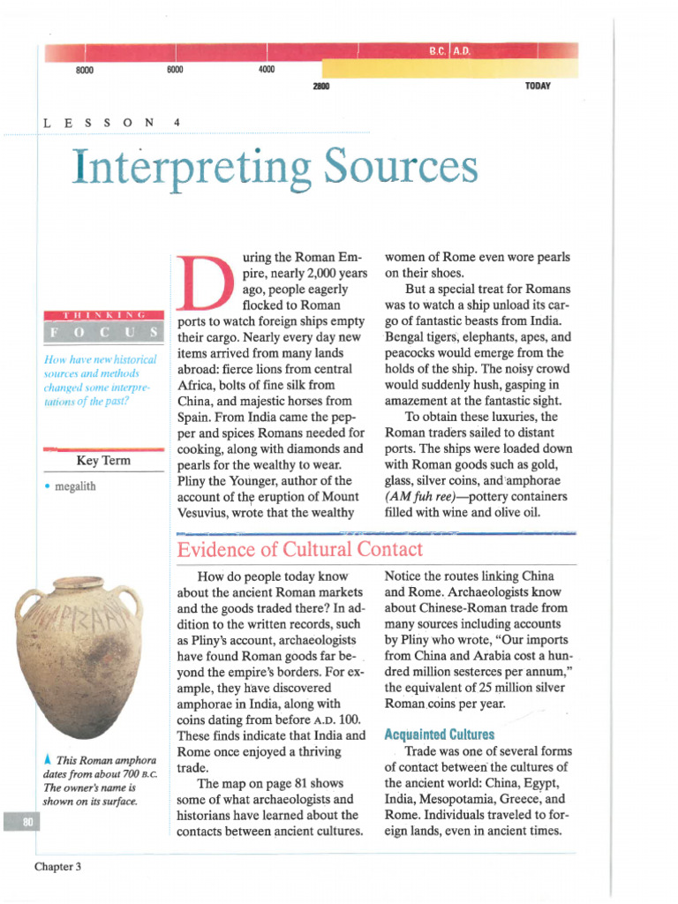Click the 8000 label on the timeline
(x=85, y=70)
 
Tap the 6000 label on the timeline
(x=175, y=70)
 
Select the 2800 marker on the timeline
(x=320, y=87)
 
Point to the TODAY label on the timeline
(x=537, y=87)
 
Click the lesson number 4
(x=177, y=123)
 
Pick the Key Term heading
(x=103, y=461)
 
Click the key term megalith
(x=75, y=486)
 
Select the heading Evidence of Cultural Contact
(x=300, y=549)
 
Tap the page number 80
(x=17, y=822)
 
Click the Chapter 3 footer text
(x=58, y=866)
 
